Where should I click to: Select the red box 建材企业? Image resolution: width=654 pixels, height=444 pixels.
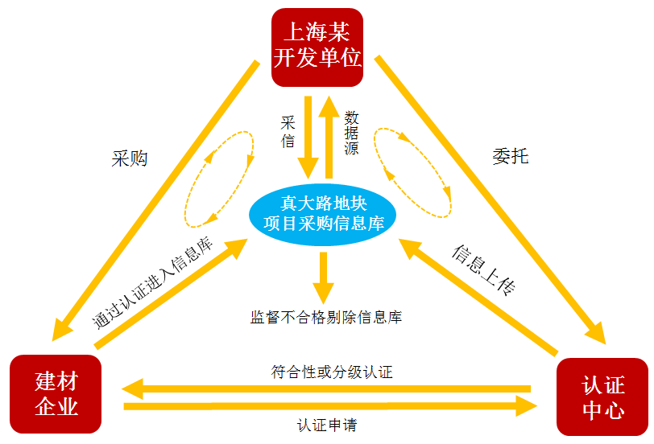coord(56,393)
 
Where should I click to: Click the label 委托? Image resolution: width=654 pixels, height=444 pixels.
coord(510,155)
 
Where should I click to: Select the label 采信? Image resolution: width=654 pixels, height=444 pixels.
coord(288,132)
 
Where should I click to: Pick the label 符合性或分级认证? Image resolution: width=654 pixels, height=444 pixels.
coord(332,372)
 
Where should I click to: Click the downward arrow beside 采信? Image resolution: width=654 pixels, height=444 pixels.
coord(308,137)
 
